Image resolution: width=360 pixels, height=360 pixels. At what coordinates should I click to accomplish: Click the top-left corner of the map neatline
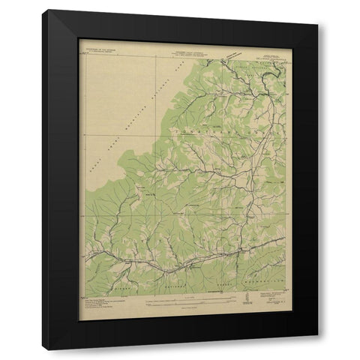pos(79,58)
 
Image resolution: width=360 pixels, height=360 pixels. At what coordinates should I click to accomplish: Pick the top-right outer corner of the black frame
pos(318,10)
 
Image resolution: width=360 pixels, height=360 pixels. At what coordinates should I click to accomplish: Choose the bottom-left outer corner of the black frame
pos(43,349)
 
